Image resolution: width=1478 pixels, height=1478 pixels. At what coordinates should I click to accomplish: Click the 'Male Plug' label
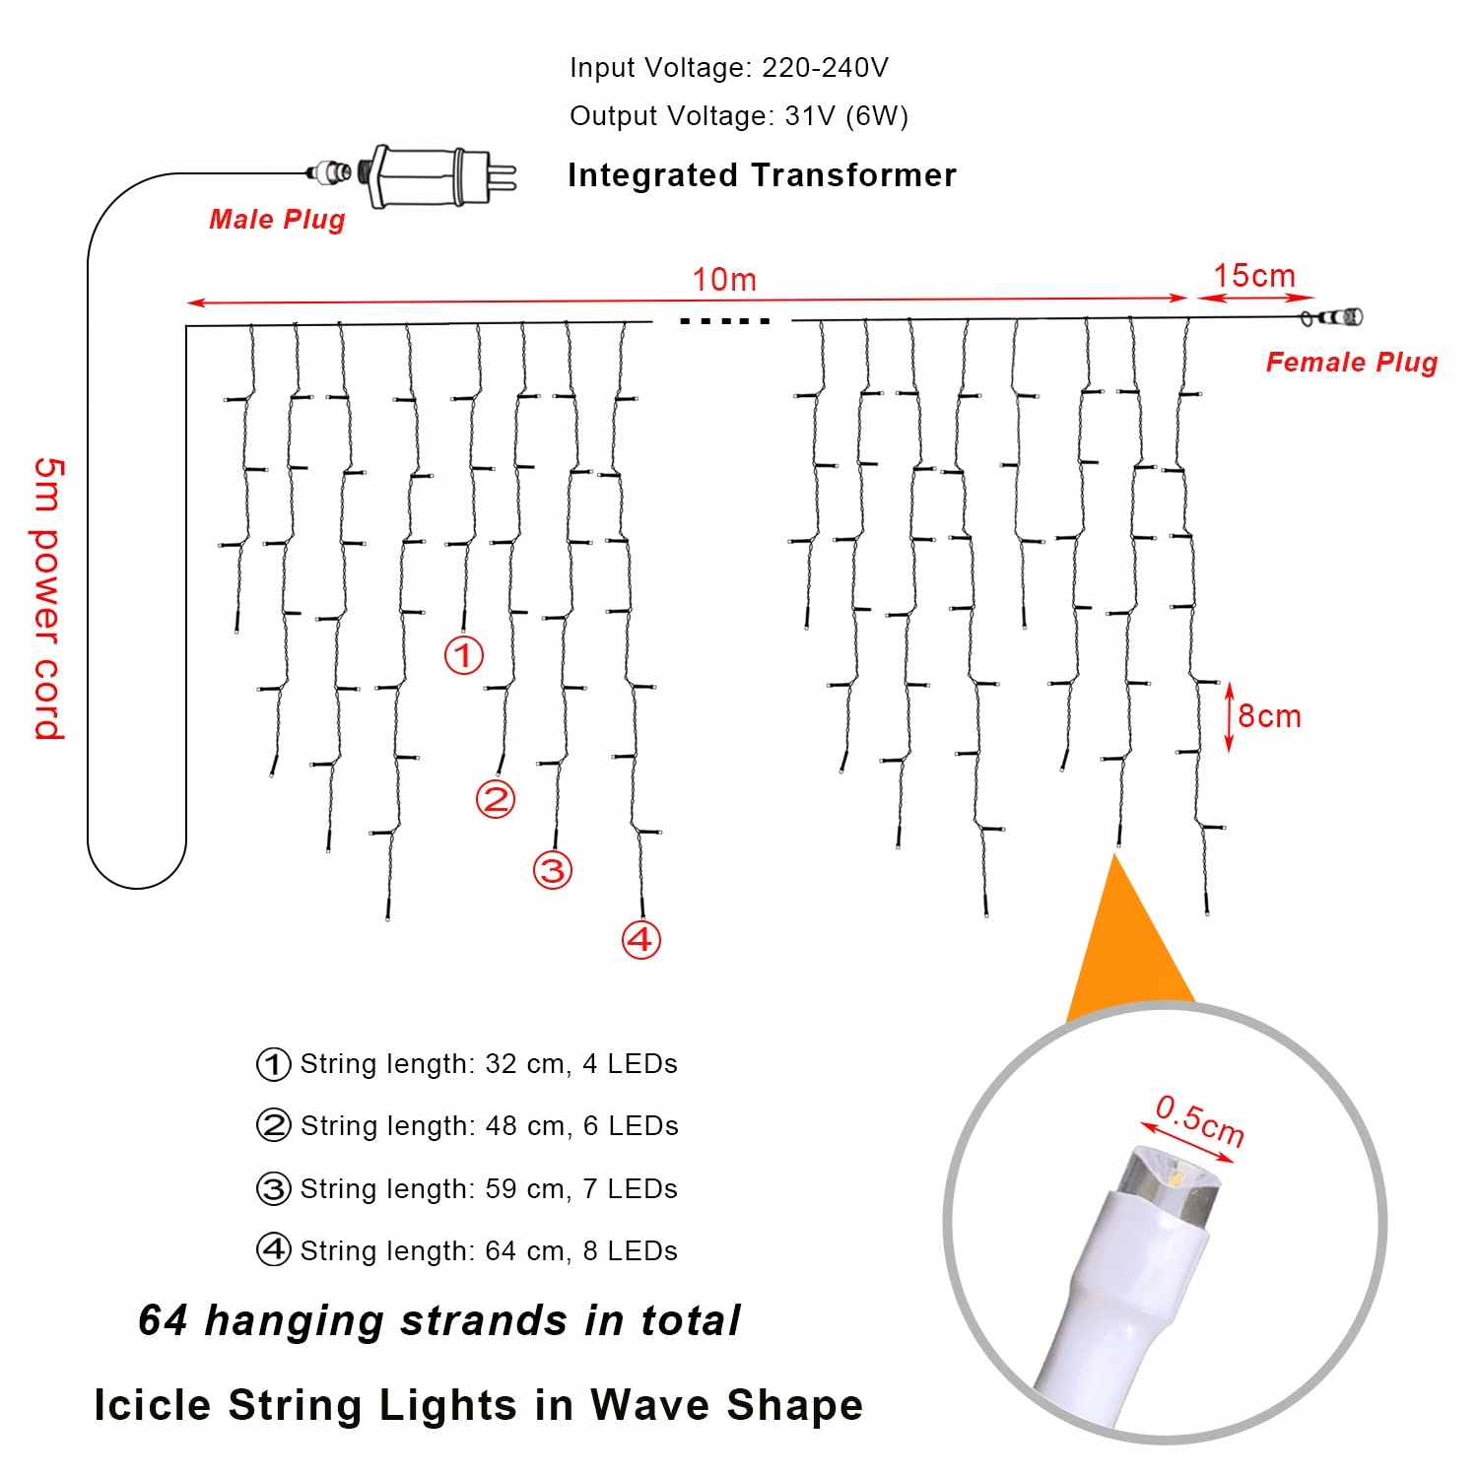(277, 220)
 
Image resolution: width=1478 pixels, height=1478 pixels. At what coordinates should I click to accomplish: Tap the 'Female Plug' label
(1351, 363)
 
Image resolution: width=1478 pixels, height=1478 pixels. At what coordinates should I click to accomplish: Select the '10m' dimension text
(724, 280)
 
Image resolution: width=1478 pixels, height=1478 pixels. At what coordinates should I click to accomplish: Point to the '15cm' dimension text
(1253, 276)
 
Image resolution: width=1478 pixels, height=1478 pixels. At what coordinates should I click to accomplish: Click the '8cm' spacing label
(1269, 716)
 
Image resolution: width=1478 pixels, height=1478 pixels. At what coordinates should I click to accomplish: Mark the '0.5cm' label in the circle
(1199, 1121)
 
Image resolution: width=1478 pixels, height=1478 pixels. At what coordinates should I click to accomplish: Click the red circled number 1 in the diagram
(464, 655)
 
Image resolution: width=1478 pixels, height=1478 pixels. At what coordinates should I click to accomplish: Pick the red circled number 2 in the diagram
(496, 799)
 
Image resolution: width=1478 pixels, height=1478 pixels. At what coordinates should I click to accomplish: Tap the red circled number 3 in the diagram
(553, 870)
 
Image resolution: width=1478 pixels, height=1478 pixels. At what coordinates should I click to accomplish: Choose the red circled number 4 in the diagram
(640, 939)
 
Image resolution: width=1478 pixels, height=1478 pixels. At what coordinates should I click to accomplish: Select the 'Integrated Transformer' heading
(762, 175)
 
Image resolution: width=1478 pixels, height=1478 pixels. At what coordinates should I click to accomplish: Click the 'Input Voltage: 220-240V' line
(729, 68)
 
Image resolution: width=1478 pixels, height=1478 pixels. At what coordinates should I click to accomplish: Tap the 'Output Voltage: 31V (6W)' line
(739, 116)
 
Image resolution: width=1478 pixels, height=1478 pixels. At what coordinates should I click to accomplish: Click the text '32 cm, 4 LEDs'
(581, 1064)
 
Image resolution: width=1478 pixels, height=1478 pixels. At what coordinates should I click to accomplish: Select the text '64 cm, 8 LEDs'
(581, 1251)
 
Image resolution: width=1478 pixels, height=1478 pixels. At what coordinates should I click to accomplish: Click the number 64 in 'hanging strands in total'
(163, 1320)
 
